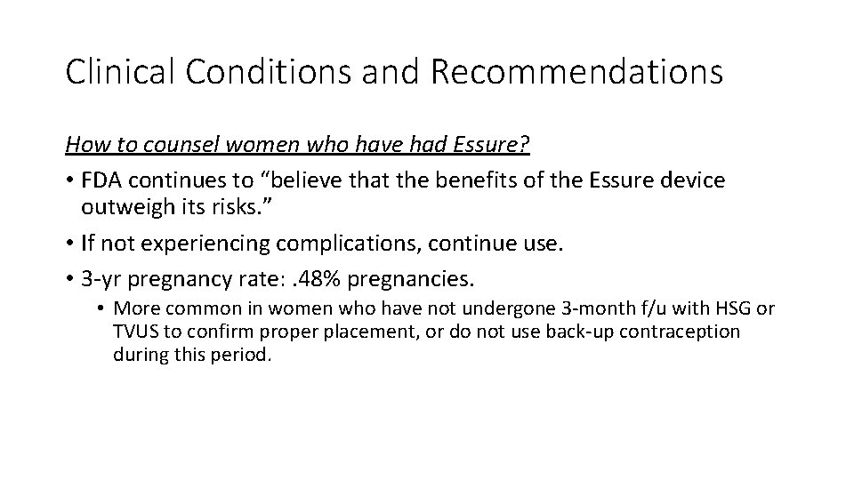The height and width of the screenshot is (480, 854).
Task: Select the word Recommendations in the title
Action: (x=577, y=72)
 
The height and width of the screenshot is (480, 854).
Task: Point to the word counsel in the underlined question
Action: (x=177, y=146)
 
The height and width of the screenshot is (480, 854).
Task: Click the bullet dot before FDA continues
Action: (x=69, y=181)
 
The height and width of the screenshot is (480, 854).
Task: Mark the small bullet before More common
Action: (x=101, y=309)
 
